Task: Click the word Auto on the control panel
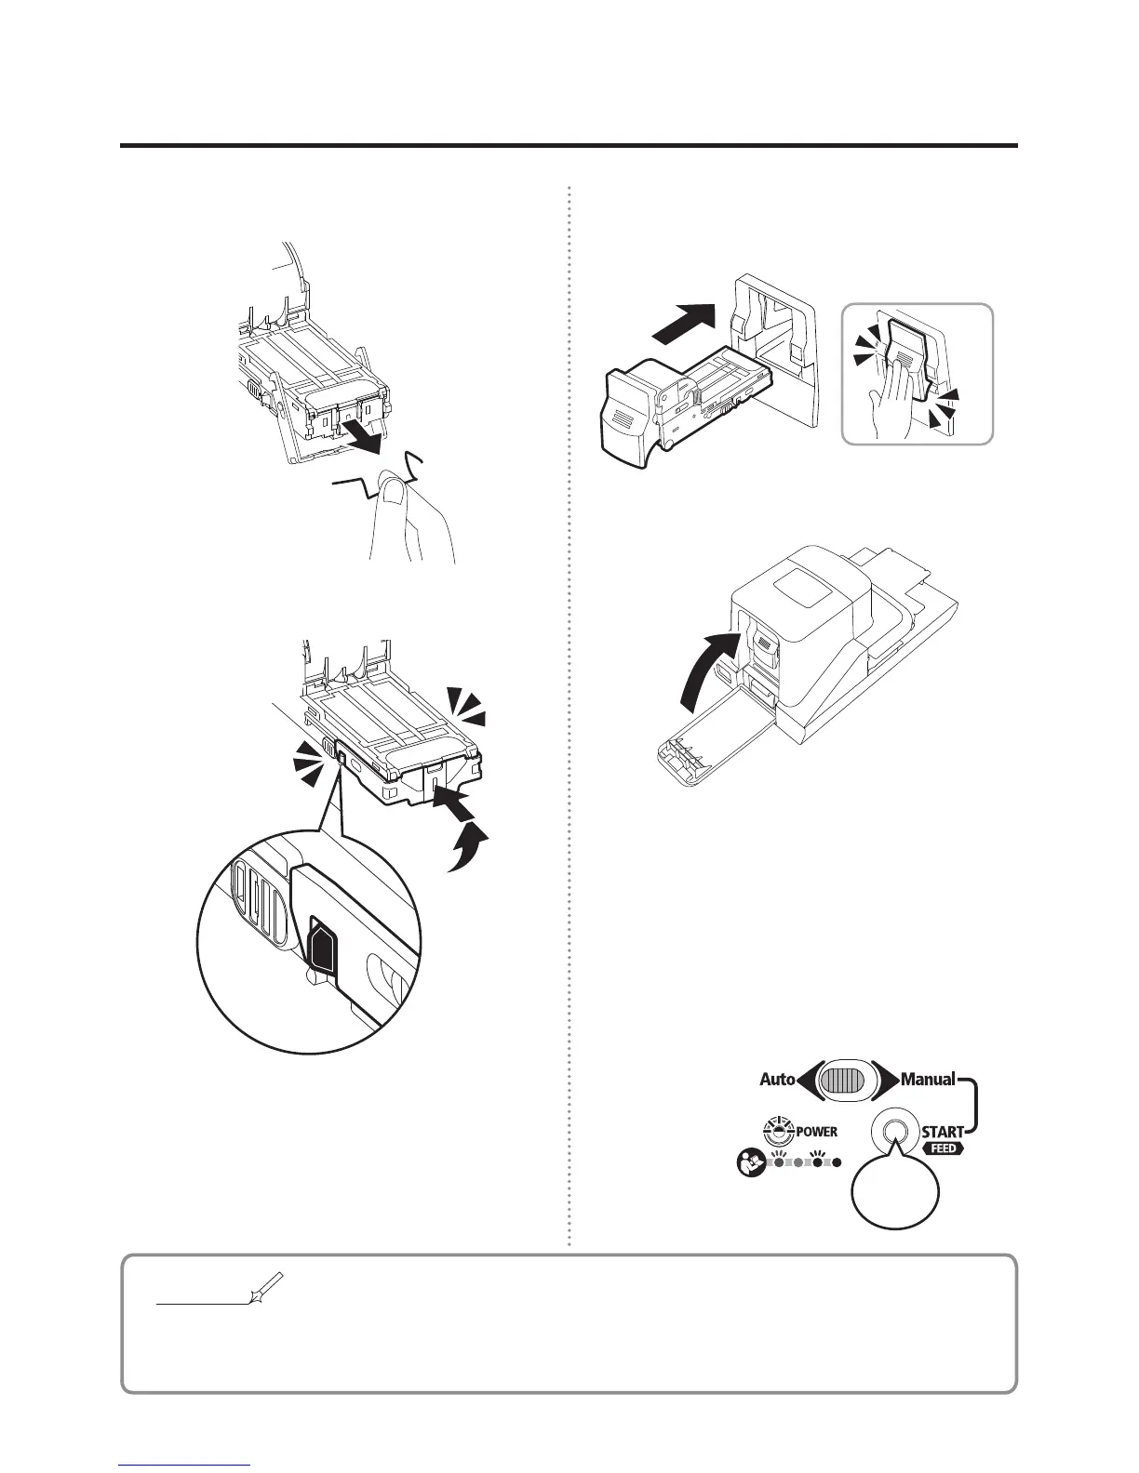[x=777, y=1080]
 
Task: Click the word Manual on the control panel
[x=928, y=1080]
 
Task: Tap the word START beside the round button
[x=942, y=1132]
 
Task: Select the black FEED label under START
[x=942, y=1149]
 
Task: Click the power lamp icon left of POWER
[x=775, y=1131]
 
